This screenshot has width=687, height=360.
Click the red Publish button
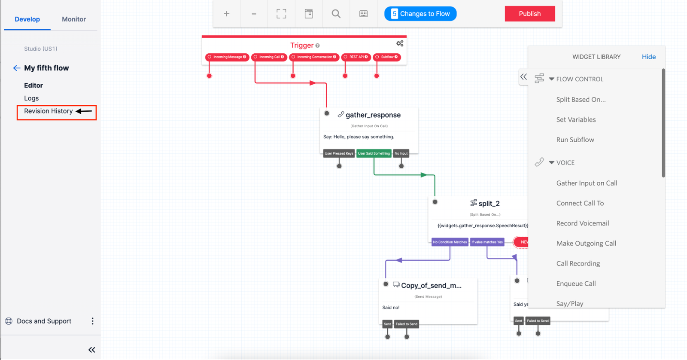(529, 14)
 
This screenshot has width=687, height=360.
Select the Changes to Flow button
(420, 14)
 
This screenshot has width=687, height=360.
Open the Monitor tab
(73, 19)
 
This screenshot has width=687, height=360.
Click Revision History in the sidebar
(49, 111)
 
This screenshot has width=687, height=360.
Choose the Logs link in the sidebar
(31, 98)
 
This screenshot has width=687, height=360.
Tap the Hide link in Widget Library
(648, 57)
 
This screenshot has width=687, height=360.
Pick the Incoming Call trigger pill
(269, 57)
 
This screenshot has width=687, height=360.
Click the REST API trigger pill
(356, 57)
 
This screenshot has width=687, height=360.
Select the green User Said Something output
(374, 153)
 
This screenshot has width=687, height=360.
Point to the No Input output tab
(401, 153)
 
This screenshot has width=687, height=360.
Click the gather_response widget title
(373, 115)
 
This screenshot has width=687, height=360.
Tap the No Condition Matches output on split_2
(450, 242)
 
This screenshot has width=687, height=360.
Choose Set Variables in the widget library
(576, 120)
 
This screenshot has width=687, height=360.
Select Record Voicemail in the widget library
(582, 223)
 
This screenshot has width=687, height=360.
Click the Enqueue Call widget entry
(576, 284)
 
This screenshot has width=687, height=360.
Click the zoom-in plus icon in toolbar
(226, 14)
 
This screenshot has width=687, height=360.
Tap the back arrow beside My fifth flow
(16, 68)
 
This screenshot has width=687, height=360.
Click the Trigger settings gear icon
(400, 44)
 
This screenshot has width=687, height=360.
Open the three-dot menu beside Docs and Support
(92, 321)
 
